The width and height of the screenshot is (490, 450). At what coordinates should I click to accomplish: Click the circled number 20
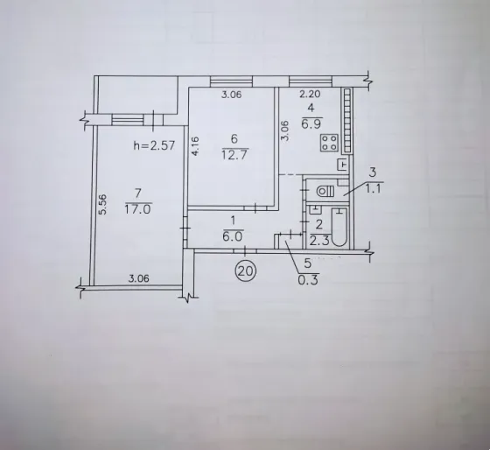tap(246, 271)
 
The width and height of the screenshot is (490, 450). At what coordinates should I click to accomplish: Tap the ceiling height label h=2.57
tap(154, 145)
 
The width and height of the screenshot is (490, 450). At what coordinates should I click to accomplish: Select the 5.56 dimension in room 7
tap(103, 205)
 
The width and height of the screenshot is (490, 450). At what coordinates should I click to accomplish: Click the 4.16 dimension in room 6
tap(195, 145)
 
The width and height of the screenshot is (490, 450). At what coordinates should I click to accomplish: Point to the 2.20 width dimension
tap(310, 94)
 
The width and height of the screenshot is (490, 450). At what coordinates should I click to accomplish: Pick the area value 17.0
tap(138, 209)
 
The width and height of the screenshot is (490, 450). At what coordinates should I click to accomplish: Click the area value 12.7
tap(234, 154)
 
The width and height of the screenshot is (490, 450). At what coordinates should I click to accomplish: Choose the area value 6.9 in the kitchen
tap(311, 124)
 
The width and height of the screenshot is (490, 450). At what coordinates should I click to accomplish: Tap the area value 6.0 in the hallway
tap(233, 236)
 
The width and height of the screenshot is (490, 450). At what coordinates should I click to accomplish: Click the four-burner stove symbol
tap(329, 143)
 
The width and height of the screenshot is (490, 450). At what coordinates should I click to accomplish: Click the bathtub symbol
tap(339, 227)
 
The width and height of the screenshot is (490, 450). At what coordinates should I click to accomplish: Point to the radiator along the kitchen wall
tap(347, 121)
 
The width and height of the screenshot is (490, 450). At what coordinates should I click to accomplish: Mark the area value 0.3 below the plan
tap(308, 279)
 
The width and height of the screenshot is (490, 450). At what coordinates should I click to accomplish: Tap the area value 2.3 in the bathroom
tap(319, 241)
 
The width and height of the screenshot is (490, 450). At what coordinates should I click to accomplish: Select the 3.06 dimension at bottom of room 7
tap(139, 278)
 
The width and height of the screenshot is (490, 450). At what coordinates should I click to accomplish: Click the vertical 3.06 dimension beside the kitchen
tap(285, 130)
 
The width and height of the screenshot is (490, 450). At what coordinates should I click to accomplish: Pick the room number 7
tap(138, 193)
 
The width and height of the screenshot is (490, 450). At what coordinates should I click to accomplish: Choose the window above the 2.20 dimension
tap(311, 81)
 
